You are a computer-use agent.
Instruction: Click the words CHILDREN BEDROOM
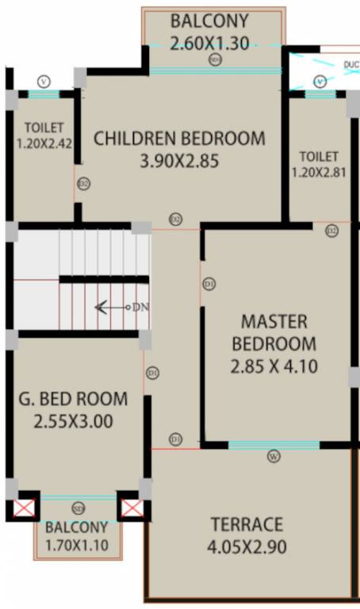180,138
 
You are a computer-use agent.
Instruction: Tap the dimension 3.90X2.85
179,162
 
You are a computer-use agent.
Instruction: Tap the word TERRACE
247,524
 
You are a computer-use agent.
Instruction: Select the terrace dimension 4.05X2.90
247,547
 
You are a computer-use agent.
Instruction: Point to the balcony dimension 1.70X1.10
76,545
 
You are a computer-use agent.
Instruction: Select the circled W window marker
273,456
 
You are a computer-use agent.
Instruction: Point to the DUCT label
350,63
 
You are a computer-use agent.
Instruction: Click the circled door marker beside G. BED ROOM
152,371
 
